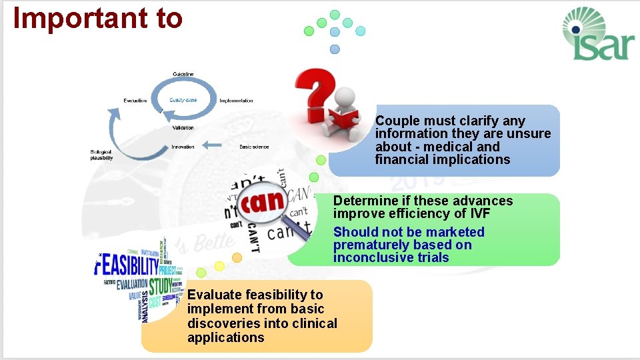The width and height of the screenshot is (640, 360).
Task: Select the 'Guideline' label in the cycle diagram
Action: [x=183, y=73]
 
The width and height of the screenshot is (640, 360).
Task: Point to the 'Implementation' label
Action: [x=236, y=101]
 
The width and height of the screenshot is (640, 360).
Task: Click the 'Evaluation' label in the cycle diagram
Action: [x=135, y=101]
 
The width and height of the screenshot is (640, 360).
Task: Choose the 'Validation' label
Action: [x=183, y=127]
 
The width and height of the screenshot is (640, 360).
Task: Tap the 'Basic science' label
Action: [x=254, y=147]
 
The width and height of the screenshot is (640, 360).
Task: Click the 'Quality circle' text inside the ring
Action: [x=183, y=100]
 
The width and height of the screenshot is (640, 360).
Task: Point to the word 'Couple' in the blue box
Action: [x=397, y=121]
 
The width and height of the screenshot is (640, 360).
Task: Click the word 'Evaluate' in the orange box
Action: [x=214, y=295]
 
